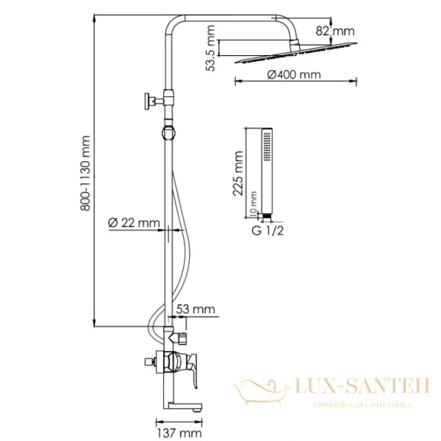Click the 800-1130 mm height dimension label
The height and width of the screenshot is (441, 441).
coord(86,173)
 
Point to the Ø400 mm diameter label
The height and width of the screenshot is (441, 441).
coord(293,75)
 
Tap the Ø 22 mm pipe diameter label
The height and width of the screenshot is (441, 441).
coord(134,222)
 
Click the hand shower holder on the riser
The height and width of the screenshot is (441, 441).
coord(171,132)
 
